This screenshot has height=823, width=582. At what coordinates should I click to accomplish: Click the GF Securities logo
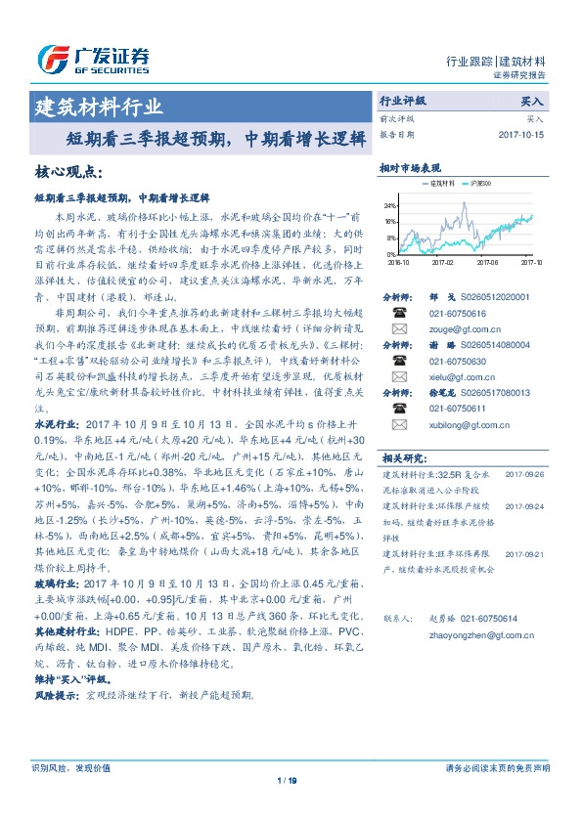(93, 60)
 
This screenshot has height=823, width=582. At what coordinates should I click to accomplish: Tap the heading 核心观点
(67, 172)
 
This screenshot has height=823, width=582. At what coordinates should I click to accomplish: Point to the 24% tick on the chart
(390, 206)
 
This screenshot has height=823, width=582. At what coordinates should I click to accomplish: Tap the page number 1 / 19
(291, 779)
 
